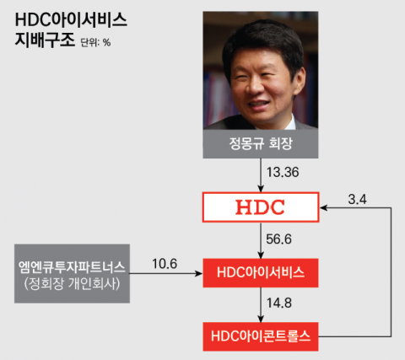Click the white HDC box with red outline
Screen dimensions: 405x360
pyautogui.click(x=261, y=207)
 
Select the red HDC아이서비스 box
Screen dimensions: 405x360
pyautogui.click(x=261, y=273)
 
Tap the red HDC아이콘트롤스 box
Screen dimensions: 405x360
pyautogui.click(x=261, y=336)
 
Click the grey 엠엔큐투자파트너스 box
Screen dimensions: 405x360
pyautogui.click(x=72, y=273)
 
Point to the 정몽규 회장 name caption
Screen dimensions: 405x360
pyautogui.click(x=261, y=143)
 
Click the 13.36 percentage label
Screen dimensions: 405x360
pyautogui.click(x=283, y=172)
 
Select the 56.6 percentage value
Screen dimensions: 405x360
pyautogui.click(x=278, y=239)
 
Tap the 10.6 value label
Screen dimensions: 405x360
pyautogui.click(x=165, y=264)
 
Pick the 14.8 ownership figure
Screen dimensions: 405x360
pyautogui.click(x=279, y=303)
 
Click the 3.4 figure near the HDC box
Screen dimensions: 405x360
pyautogui.click(x=358, y=200)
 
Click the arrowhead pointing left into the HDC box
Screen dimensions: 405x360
pyautogui.click(x=323, y=207)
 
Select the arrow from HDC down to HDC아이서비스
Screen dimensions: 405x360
pyautogui.click(x=261, y=240)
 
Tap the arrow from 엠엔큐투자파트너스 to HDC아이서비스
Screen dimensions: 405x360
pyautogui.click(x=166, y=273)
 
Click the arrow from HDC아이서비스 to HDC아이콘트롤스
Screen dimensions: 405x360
pyautogui.click(x=261, y=304)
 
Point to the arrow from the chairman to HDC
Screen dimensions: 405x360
pyautogui.click(x=261, y=175)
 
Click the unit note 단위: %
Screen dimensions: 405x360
pyautogui.click(x=95, y=42)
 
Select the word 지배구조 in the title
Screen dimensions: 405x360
pyautogui.click(x=45, y=40)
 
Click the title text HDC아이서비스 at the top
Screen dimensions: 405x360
pyautogui.click(x=71, y=20)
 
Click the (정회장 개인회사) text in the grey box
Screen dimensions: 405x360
pyautogui.click(x=72, y=283)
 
